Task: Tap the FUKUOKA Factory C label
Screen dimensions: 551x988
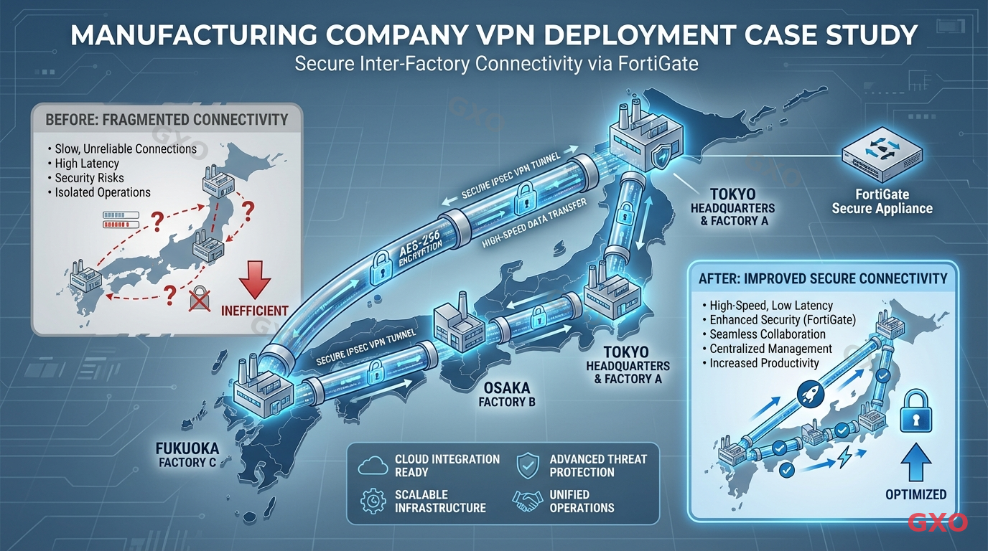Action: pyautogui.click(x=187, y=456)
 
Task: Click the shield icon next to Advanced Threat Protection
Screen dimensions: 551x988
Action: pyautogui.click(x=527, y=465)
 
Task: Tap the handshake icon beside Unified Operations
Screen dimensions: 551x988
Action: pyautogui.click(x=527, y=501)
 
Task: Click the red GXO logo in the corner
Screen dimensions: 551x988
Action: pyautogui.click(x=938, y=523)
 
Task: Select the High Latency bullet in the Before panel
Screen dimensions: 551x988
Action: pyautogui.click(x=88, y=164)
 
